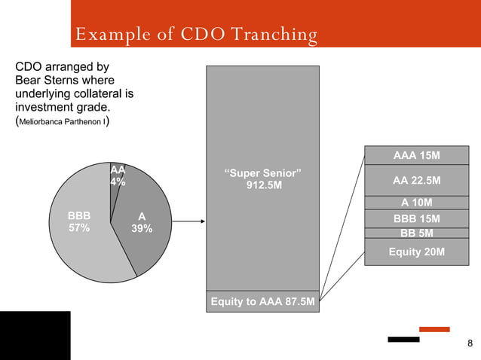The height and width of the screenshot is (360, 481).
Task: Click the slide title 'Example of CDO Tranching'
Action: [195, 35]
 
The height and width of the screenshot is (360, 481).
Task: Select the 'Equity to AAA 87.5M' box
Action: [262, 302]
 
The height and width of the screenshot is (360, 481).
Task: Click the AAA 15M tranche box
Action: [416, 156]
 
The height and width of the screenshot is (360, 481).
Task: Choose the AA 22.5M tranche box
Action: [416, 181]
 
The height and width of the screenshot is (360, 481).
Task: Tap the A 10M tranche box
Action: [416, 202]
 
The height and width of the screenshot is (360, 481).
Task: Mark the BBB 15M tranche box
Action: [416, 219]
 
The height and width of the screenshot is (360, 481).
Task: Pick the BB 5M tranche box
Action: [416, 233]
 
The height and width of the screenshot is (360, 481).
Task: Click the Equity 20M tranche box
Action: [416, 252]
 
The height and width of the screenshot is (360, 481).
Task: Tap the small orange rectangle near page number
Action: [434, 329]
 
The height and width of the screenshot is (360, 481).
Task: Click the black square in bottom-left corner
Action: [35, 335]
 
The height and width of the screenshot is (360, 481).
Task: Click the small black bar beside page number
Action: [403, 340]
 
